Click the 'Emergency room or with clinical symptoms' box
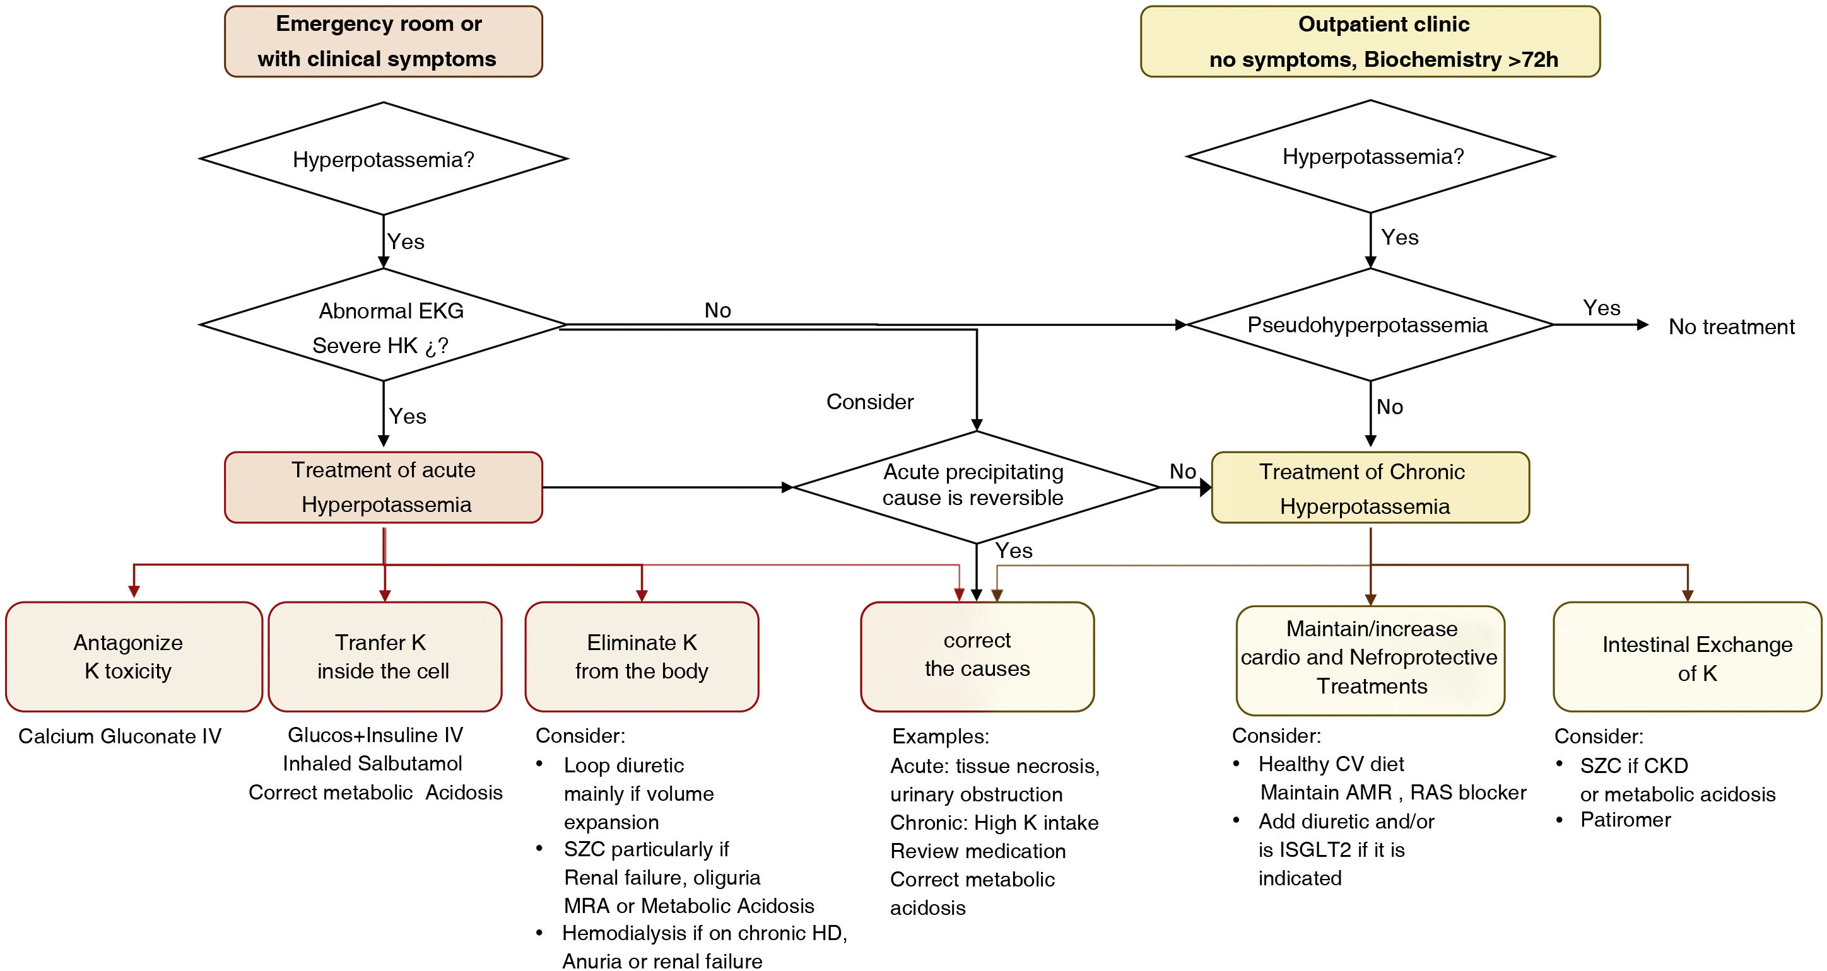383,41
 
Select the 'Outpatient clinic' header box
1370,41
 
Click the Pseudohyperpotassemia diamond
1370,325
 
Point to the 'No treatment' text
1730,327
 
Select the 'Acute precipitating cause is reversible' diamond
976,486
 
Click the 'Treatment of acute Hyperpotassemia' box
383,487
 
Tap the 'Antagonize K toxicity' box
133,656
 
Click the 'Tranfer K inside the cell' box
384,656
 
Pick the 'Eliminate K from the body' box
641,656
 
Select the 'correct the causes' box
977,656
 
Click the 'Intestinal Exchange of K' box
1686,658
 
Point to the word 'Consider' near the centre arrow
869,402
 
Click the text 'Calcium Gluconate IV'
120,736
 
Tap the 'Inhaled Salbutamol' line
372,764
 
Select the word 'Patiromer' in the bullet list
1625,820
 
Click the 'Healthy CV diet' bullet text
1331,764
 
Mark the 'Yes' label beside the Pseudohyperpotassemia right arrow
1601,308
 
